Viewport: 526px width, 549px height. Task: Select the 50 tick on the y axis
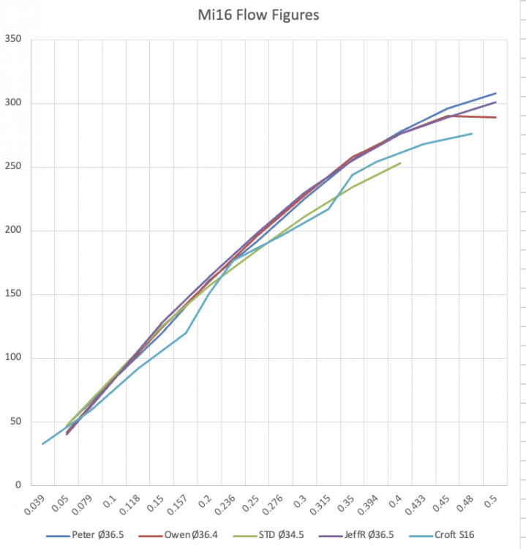(15, 422)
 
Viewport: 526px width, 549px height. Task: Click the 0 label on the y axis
(18, 485)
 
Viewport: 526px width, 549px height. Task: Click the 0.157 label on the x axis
(179, 504)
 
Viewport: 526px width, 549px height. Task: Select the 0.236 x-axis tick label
(227, 504)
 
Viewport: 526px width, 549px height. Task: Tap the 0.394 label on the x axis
(369, 504)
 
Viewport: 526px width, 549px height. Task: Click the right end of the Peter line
(496, 93)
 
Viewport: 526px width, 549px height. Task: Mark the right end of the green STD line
(401, 163)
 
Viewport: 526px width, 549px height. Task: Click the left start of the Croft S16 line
(42, 444)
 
